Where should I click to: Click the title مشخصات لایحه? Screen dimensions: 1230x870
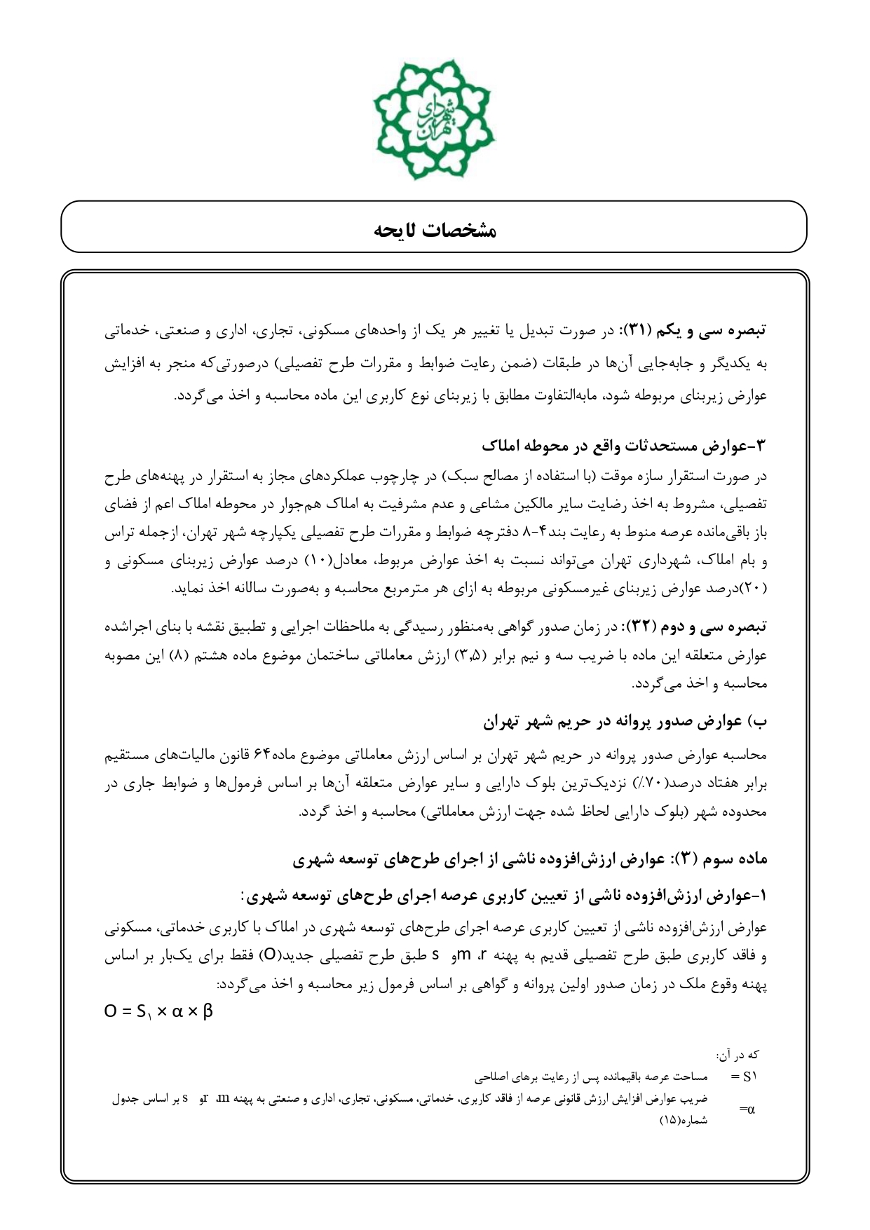[x=435, y=231]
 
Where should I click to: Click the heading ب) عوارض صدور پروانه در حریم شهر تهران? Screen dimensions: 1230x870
[x=626, y=720]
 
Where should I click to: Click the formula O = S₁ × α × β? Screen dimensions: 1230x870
[x=158, y=1012]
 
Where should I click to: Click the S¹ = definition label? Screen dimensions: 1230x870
[x=743, y=1076]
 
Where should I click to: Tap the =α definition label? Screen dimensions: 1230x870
[x=747, y=1109]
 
